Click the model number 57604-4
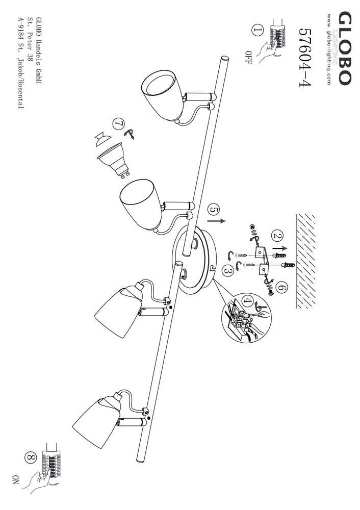pos(304,57)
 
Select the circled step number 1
pos(258,31)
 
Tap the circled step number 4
pos(248,301)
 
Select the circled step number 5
pos(214,210)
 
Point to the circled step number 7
pos(118,124)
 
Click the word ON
pos(15,479)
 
